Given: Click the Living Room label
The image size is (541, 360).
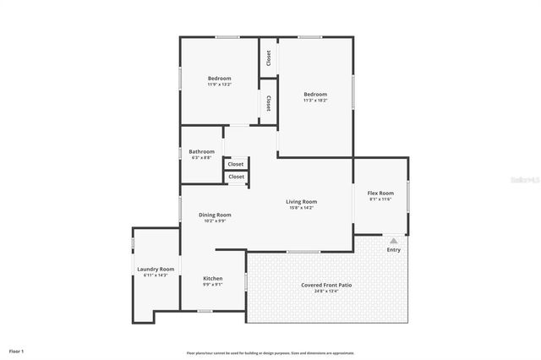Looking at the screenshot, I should [301, 201].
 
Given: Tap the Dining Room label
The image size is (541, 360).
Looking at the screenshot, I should [215, 215].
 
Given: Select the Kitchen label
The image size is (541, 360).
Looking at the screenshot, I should [213, 278].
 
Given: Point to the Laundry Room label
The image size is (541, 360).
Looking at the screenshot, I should [156, 269].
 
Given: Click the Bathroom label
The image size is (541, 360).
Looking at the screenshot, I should [201, 151].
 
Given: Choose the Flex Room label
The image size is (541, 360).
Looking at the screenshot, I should [380, 193].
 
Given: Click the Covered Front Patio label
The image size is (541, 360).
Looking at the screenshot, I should [326, 285].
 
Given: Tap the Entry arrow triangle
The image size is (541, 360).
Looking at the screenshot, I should [394, 241].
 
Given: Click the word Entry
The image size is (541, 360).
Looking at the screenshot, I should [394, 249].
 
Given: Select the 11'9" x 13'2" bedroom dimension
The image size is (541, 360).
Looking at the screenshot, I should [219, 85].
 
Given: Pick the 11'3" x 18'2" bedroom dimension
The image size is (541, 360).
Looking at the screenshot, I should [315, 101].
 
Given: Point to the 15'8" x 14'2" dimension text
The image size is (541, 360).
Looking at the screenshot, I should [301, 207].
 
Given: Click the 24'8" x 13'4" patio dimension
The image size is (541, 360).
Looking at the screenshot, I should [326, 291].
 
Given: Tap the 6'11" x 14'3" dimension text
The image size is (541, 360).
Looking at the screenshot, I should [156, 275].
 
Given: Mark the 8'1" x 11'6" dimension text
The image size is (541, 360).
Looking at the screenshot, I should [380, 199].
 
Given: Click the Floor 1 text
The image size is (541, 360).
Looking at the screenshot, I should [17, 351].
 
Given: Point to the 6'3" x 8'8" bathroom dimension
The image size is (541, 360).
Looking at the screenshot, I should [201, 157].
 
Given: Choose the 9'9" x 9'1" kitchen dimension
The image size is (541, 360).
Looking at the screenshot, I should [213, 284].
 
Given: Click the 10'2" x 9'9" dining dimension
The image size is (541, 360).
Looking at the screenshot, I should [215, 221].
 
